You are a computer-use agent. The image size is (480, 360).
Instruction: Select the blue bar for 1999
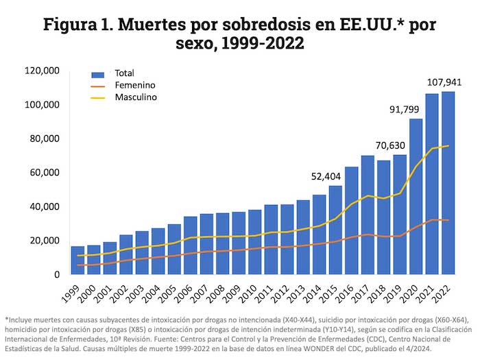pos(77,260)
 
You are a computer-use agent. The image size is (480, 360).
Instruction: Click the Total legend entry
pos(123,73)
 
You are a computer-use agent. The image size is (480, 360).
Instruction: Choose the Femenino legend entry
pos(133,85)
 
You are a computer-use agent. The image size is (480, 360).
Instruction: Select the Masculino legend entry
pos(135,97)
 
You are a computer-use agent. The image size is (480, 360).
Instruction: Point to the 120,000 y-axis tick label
pos(43,71)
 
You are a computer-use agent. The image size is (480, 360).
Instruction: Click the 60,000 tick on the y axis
pos(46,173)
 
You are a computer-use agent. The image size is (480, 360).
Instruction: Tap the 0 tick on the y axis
pos(58,274)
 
